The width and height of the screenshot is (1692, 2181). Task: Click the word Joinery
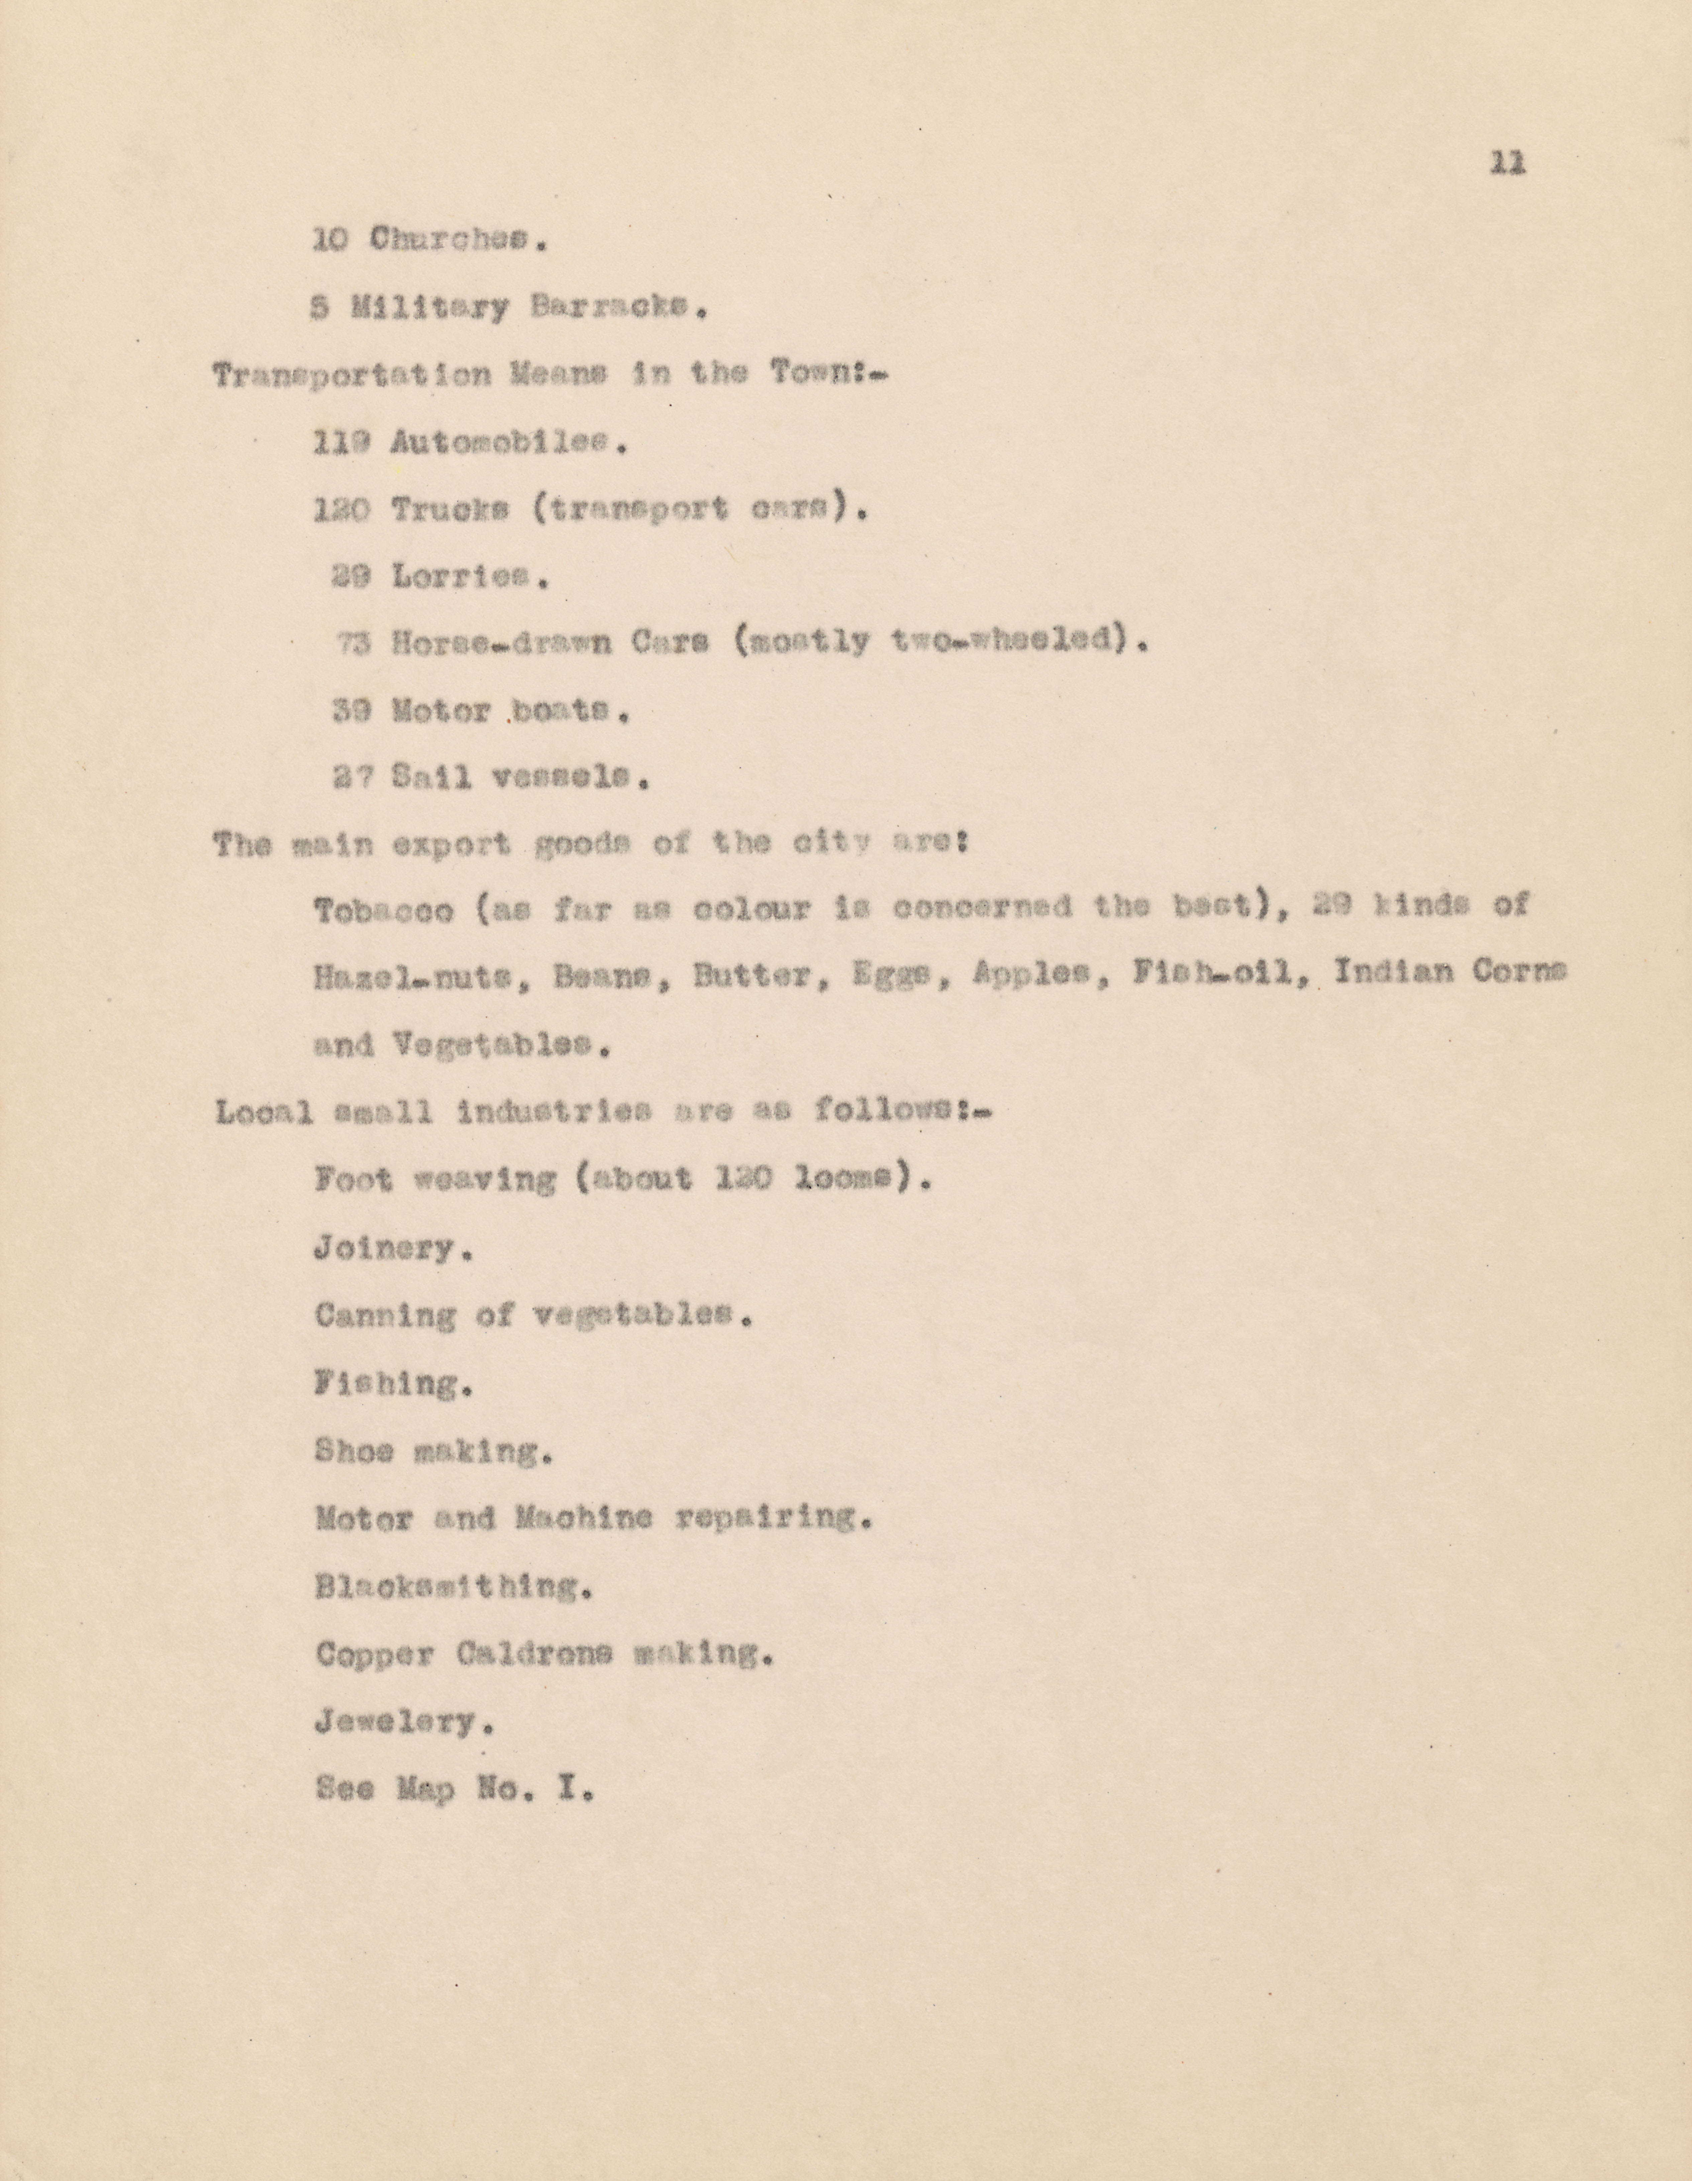click(392, 1248)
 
